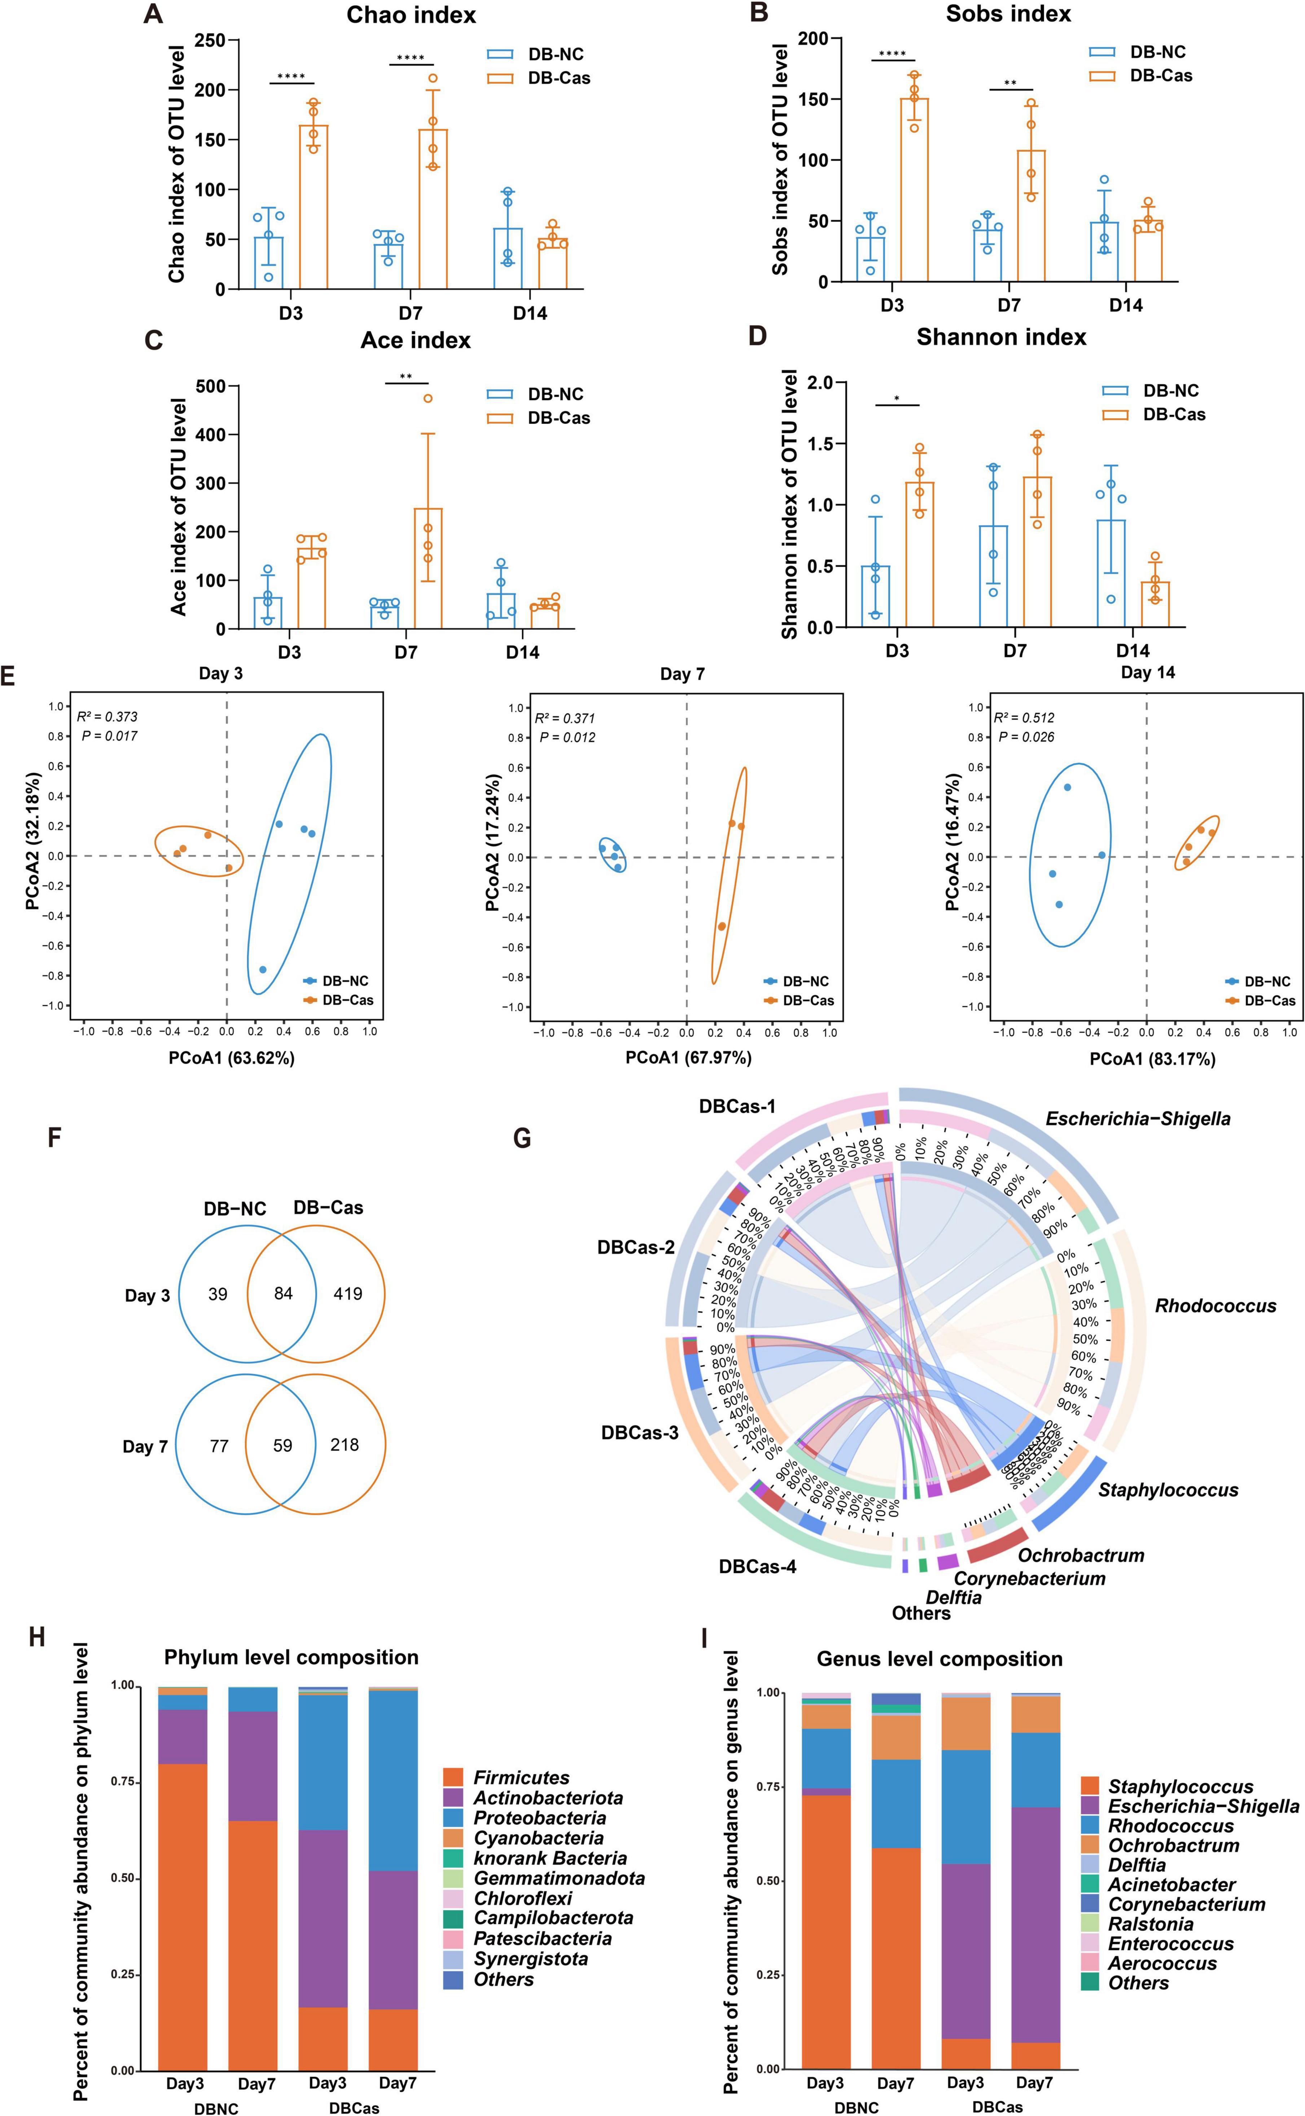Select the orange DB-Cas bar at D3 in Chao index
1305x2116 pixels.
pos(313,207)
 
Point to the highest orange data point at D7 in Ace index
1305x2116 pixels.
pos(427,399)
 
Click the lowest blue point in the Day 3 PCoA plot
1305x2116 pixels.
pos(262,970)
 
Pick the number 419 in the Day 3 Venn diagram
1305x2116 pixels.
pos(348,1294)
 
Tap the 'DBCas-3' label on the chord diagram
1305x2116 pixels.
pos(640,1432)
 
